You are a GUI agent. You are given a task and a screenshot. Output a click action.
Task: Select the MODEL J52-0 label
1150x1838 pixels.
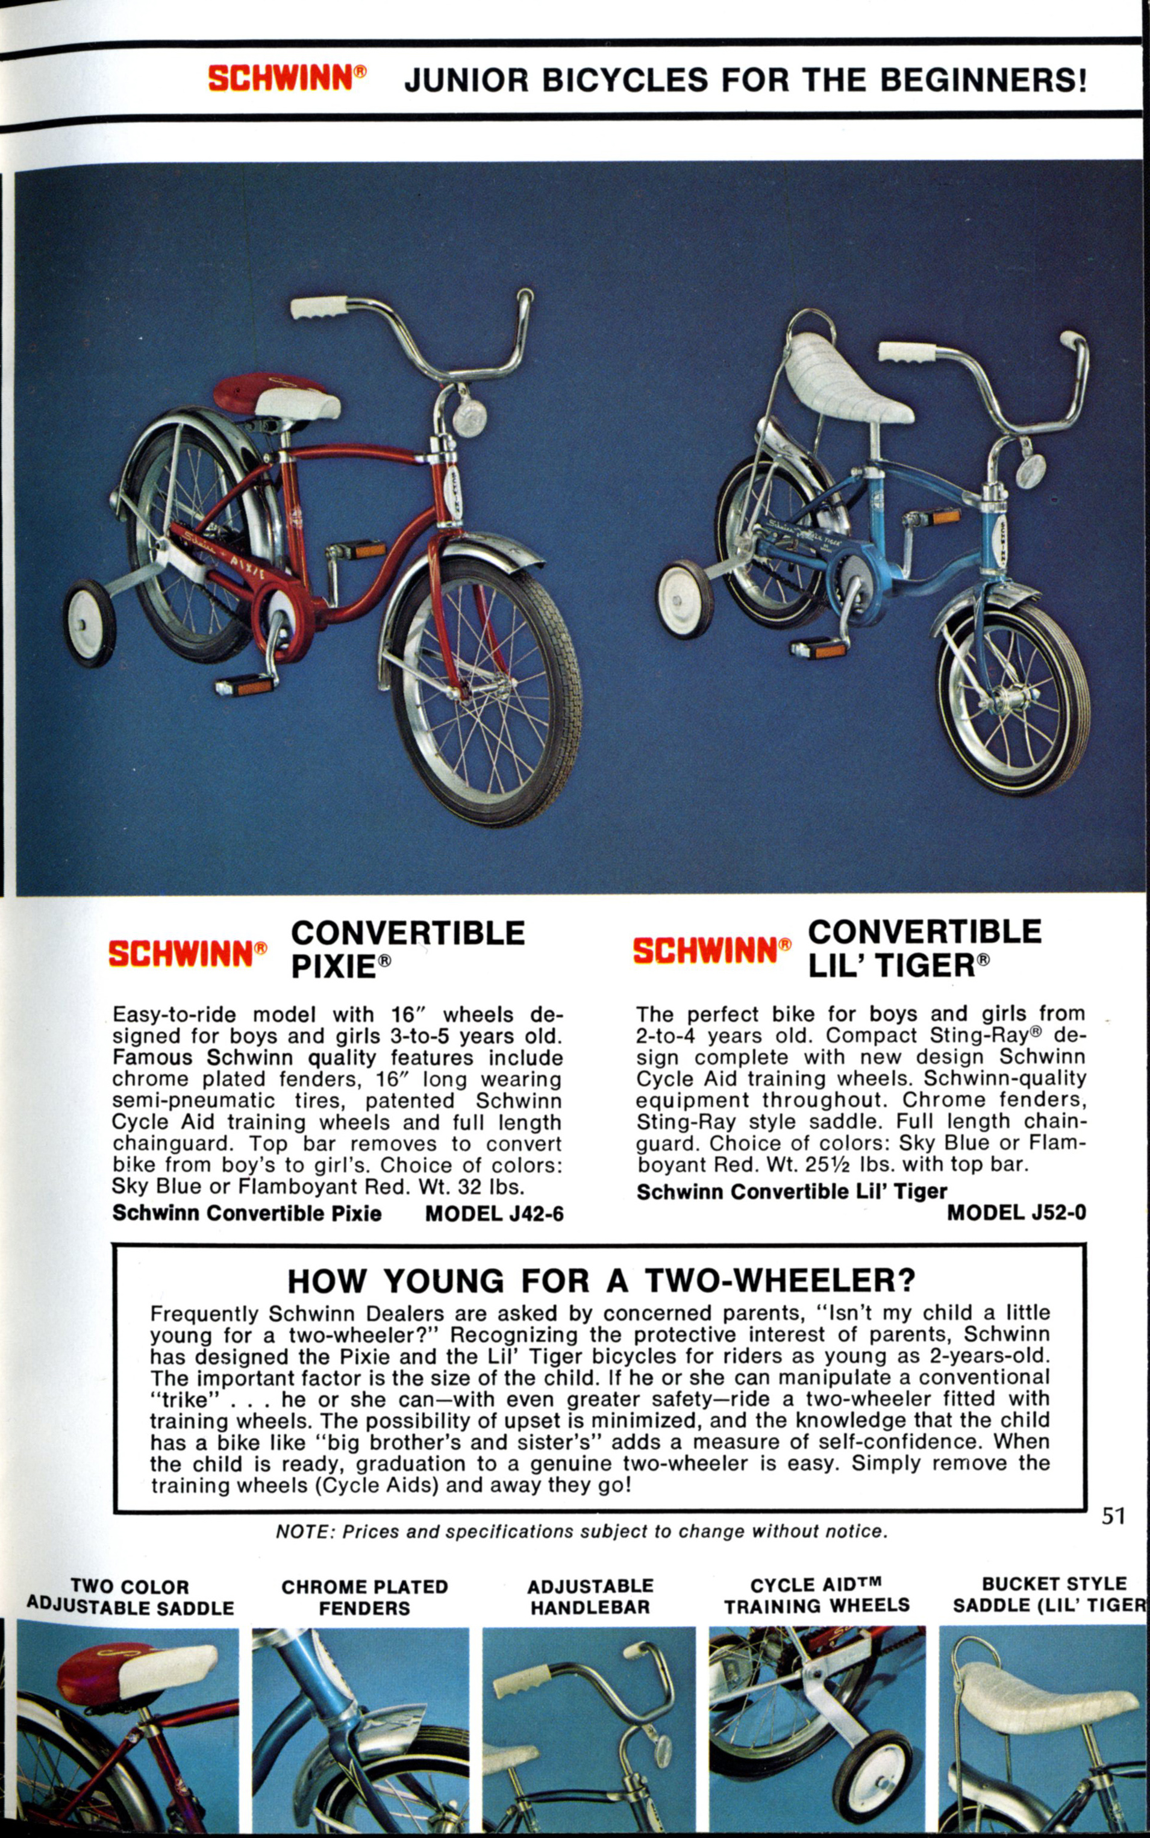[x=1016, y=1213]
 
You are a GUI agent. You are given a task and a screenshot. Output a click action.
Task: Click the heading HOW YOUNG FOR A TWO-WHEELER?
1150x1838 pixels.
[x=601, y=1281]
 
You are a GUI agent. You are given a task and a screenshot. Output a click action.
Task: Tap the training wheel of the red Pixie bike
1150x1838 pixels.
[x=90, y=623]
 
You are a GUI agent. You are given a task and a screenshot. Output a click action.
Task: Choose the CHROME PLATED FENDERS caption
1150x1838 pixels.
[x=364, y=1597]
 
